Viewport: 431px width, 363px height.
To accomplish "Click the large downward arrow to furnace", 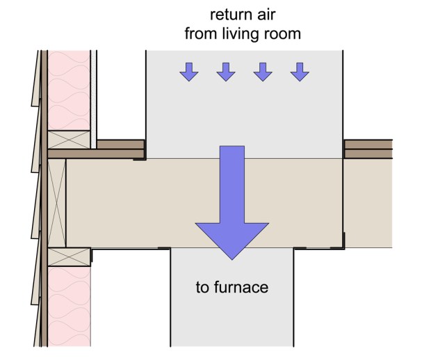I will [x=232, y=209].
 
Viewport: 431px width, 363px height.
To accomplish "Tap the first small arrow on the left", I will [x=188, y=71].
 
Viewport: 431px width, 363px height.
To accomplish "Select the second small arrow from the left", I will [x=226, y=71].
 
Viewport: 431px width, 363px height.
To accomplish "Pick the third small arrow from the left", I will [x=263, y=71].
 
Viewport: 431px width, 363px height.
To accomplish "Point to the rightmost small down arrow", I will [x=300, y=71].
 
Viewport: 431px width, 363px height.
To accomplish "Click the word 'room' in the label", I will [x=283, y=33].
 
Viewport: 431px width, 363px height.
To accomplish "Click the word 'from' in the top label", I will [x=200, y=33].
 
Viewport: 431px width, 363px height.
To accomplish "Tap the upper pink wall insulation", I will [x=69, y=87].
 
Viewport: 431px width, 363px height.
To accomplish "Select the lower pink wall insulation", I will [x=69, y=307].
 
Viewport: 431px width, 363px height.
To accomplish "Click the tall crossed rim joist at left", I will [x=56, y=202].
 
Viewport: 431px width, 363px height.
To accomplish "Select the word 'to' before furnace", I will [x=202, y=286].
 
